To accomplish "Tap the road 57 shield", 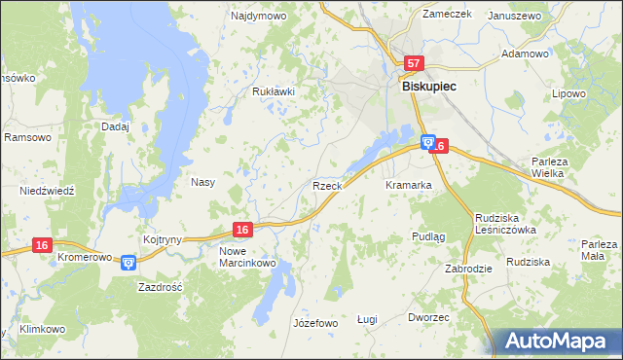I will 414,64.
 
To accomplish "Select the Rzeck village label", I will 325,185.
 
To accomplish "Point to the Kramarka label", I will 408,185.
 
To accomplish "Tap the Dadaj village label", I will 115,126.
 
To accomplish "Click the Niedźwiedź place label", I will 47,192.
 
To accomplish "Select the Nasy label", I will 202,182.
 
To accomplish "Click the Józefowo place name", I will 314,323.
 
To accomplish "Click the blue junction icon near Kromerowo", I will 128,262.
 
